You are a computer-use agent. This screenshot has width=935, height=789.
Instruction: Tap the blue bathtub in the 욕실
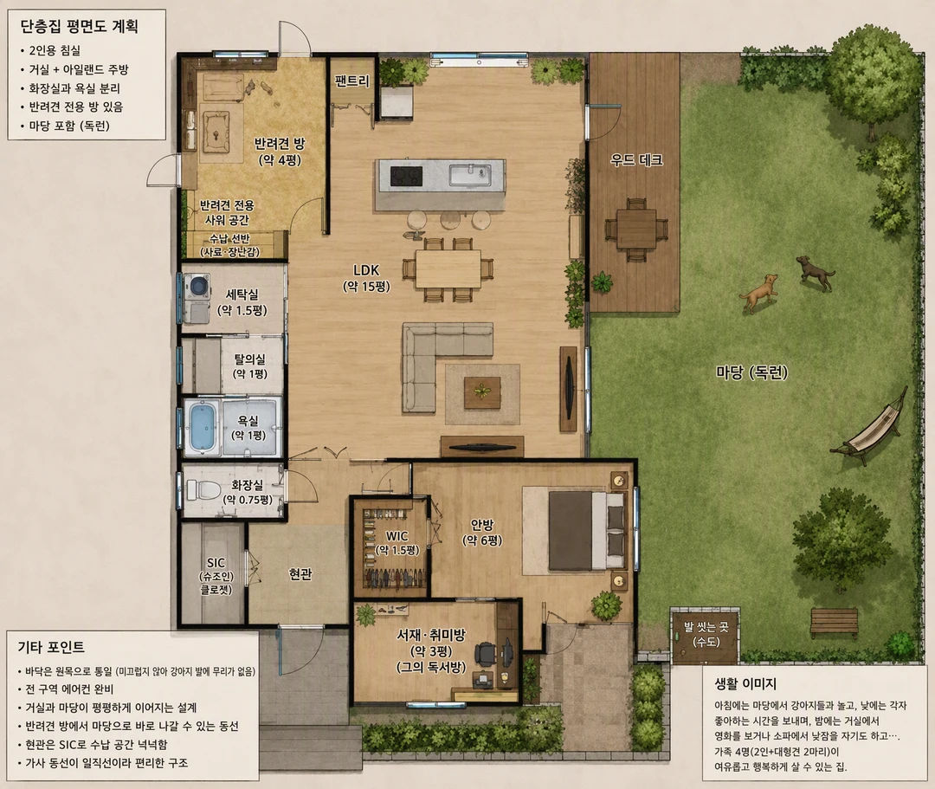click(203, 426)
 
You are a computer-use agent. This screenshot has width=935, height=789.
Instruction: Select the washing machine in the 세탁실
click(197, 286)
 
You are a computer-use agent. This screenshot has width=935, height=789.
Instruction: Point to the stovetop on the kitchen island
click(406, 176)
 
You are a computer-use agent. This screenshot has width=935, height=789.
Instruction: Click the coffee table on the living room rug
click(482, 392)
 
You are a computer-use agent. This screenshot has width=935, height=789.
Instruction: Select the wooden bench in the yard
click(834, 622)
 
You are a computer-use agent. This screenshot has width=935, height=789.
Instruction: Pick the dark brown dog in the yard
click(816, 273)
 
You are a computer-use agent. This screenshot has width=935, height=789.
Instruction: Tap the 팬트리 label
click(351, 81)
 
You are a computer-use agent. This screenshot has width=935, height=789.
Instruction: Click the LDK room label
click(366, 270)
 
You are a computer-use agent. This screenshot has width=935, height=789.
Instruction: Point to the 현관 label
click(300, 573)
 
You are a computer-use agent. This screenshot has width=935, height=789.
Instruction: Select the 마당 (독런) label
click(751, 372)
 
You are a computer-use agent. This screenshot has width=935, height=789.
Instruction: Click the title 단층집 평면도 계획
click(80, 26)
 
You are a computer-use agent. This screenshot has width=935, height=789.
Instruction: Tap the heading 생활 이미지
click(745, 683)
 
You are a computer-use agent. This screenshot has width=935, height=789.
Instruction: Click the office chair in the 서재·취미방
click(487, 654)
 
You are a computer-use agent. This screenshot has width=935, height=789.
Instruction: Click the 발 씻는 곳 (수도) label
click(706, 635)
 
